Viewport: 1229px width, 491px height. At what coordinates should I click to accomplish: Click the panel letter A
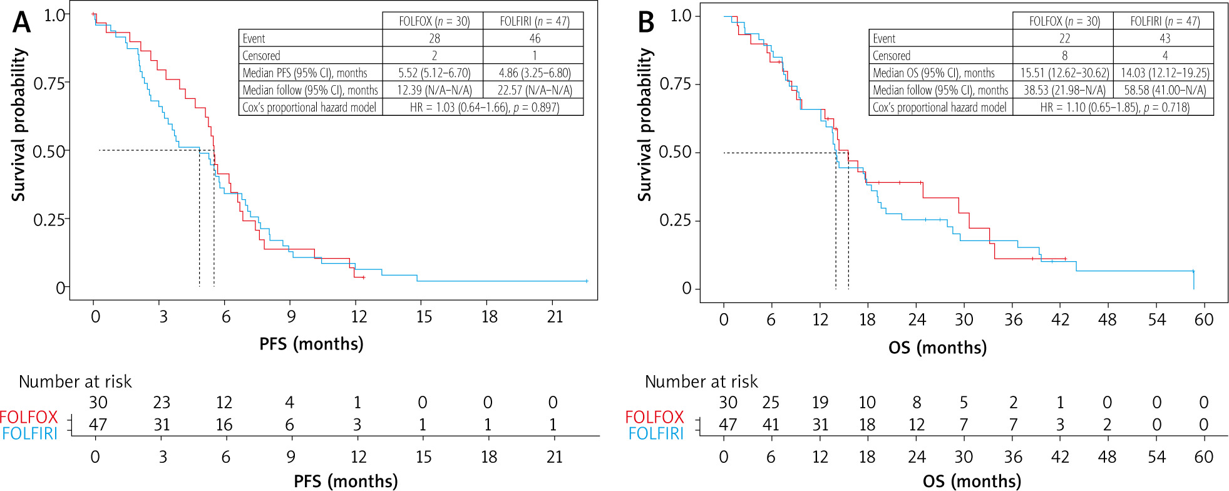tap(21, 23)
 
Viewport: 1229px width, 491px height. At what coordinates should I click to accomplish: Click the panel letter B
tap(645, 23)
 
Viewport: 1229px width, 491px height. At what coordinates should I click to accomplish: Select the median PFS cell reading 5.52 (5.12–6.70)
tap(434, 73)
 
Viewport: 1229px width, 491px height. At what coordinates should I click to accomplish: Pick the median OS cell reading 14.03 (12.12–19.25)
tap(1165, 73)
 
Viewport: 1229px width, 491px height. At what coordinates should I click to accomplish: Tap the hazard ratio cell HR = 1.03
tap(484, 107)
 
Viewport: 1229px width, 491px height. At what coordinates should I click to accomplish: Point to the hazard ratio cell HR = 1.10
tap(1114, 107)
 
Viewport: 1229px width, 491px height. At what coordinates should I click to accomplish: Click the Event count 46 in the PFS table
tap(534, 38)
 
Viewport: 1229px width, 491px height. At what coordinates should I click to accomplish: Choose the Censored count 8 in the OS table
tap(1064, 56)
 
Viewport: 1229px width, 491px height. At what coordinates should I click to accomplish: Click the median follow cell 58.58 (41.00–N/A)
tap(1165, 90)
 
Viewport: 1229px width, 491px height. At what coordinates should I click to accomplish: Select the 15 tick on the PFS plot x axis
tap(424, 317)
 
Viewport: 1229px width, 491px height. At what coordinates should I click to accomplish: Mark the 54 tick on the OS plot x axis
tap(1156, 320)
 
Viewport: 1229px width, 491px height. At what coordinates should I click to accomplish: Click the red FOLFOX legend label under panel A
tap(29, 416)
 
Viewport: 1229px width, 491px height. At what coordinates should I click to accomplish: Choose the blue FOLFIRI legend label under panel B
tap(656, 433)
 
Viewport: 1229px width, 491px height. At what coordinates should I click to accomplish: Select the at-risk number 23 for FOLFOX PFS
tap(162, 402)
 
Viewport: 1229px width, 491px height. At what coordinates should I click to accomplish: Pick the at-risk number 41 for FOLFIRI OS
tap(771, 425)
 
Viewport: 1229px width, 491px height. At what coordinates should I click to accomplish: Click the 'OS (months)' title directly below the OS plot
tap(937, 348)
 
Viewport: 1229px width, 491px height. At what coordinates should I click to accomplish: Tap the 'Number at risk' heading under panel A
tap(75, 381)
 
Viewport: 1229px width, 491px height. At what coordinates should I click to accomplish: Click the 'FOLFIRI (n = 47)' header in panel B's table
tap(1165, 21)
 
